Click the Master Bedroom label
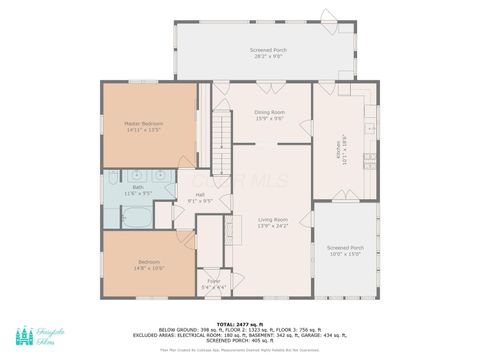144,123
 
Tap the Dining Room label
269,113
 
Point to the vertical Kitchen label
339,151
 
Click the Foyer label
213,281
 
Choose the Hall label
200,194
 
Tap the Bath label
137,186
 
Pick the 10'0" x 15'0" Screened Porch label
345,247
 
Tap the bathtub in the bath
136,216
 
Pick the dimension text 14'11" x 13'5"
144,129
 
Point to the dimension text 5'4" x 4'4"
213,287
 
